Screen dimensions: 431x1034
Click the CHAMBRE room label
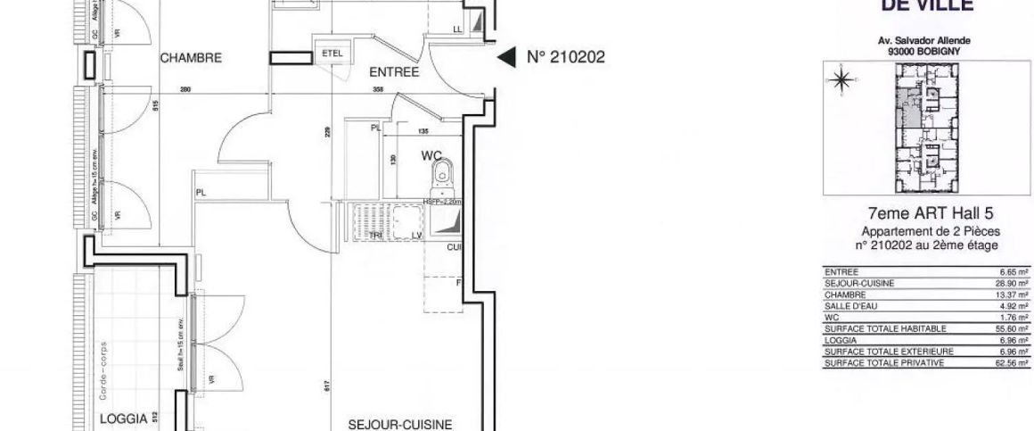click(191, 58)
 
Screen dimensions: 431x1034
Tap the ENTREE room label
click(394, 74)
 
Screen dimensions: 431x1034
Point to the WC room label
click(431, 156)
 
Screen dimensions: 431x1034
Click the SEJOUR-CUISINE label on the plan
click(400, 424)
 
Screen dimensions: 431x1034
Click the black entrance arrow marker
click(505, 58)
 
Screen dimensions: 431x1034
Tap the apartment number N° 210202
click(567, 58)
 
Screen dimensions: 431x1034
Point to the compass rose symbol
click(841, 82)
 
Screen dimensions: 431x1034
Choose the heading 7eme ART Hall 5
click(930, 212)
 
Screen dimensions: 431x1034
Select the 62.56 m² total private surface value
click(1014, 363)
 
